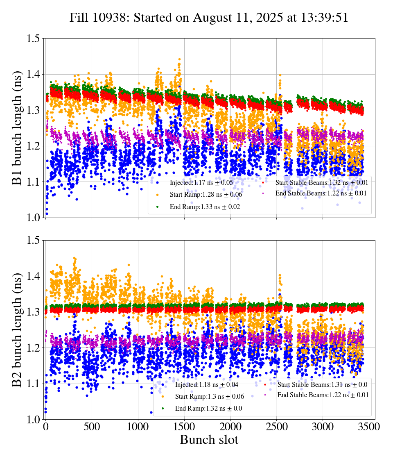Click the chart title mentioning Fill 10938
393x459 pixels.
[x=209, y=18]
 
